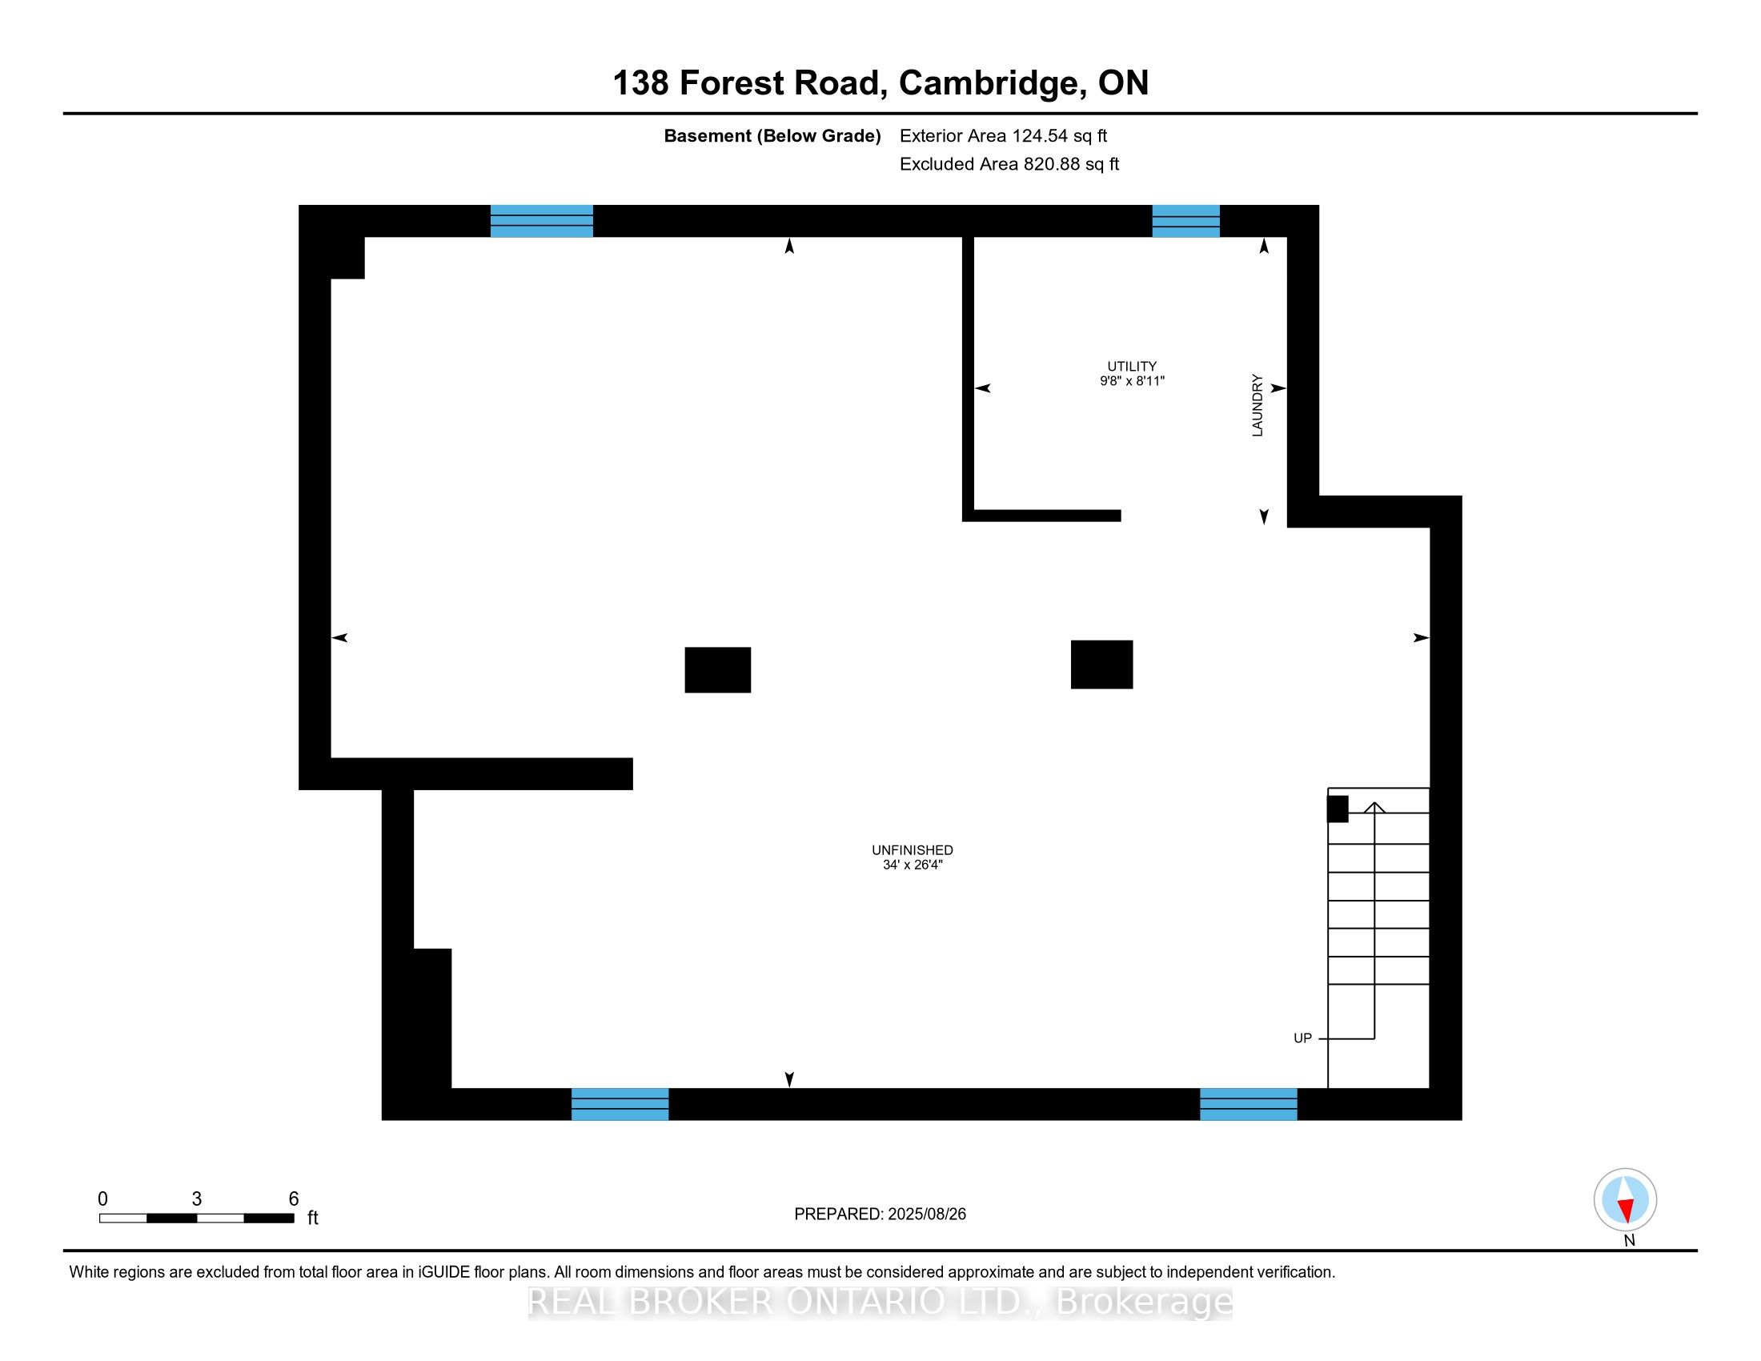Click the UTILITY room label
(1131, 366)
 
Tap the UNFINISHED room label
(912, 849)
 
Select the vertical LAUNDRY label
(1257, 406)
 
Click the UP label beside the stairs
(1302, 1038)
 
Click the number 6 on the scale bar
(294, 1199)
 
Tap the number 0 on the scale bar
(102, 1199)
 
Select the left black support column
(718, 669)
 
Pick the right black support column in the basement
(1101, 664)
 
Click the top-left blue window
(542, 221)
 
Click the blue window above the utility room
(1185, 221)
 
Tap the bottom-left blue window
(620, 1104)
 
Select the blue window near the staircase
(1248, 1104)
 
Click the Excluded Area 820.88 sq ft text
(1009, 164)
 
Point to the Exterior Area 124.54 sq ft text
(1003, 136)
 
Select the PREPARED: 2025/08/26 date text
(880, 1214)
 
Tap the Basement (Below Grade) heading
(772, 136)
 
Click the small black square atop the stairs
(1338, 809)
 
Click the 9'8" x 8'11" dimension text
(1131, 381)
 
